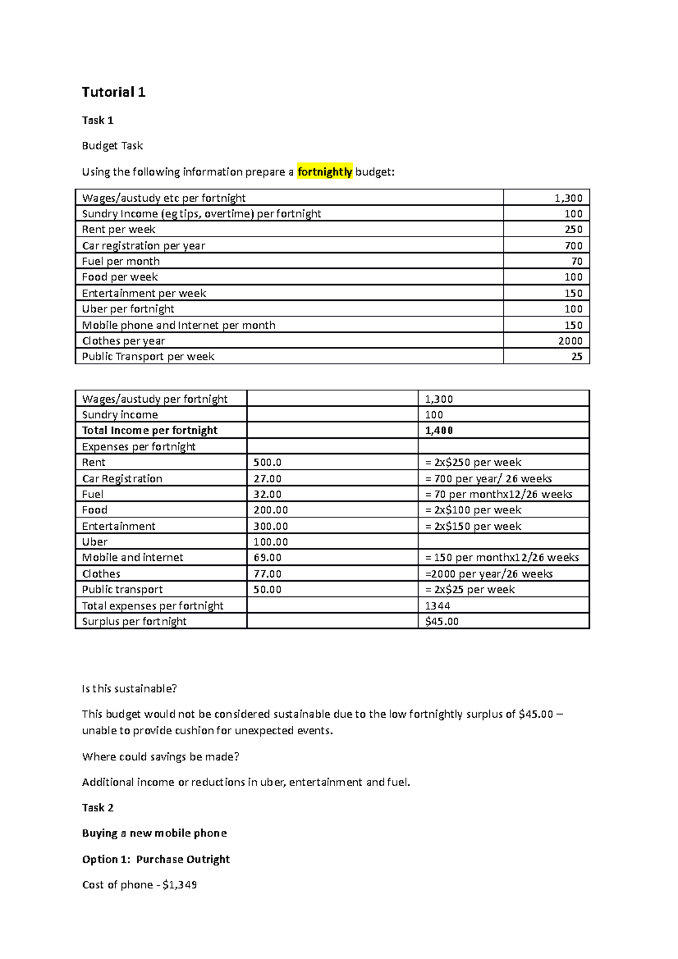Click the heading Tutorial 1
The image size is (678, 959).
pos(114,92)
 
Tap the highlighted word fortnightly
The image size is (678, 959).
pos(325,172)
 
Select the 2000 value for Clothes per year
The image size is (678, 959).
pos(570,341)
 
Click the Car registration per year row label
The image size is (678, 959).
pos(144,246)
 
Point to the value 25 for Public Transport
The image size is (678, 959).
pos(576,356)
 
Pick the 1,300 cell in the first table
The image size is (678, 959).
pos(568,198)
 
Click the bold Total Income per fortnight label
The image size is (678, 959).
pos(150,430)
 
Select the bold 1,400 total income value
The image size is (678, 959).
pos(439,430)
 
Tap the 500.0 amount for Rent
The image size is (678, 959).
pos(267,462)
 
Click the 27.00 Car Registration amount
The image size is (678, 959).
pos(267,478)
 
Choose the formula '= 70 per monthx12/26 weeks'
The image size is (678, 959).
pos(499,494)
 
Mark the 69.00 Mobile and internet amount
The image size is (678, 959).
pos(267,557)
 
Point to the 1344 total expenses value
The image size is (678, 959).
pos(437,605)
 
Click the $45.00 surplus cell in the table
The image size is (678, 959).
pos(442,621)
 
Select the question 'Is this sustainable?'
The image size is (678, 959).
pos(129,688)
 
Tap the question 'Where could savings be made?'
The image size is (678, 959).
pos(160,756)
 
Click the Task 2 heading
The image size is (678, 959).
pos(98,808)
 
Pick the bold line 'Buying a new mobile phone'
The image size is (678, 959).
pos(154,833)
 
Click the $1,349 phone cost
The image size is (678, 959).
pos(180,884)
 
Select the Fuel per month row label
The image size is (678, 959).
pos(121,261)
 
